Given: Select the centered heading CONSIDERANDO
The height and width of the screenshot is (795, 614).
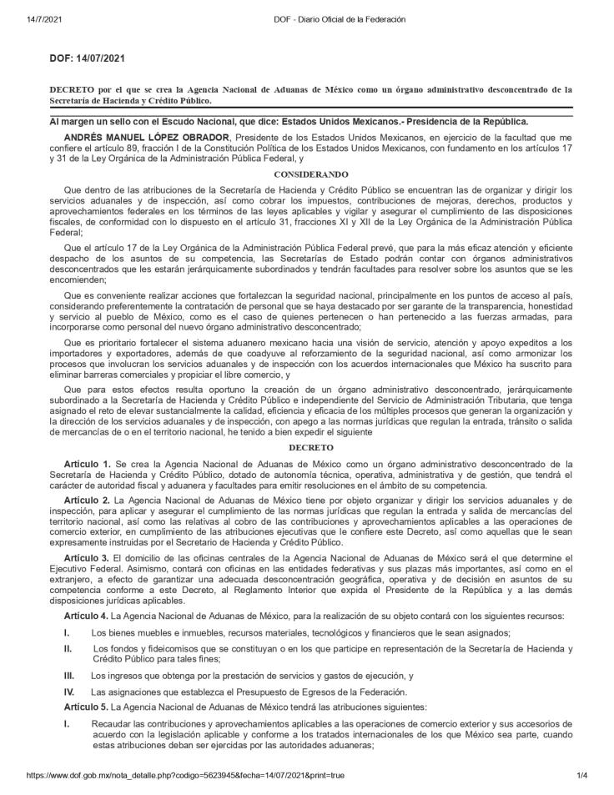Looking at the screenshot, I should pos(310,175).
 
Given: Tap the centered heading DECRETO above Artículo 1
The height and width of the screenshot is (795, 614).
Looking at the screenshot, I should pos(310,448).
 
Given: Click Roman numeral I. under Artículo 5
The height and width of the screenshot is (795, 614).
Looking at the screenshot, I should pos(66,723).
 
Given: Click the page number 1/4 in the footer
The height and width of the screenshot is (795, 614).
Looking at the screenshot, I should pos(581,775).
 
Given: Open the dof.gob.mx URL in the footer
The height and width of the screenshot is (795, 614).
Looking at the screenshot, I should pos(185,775).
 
